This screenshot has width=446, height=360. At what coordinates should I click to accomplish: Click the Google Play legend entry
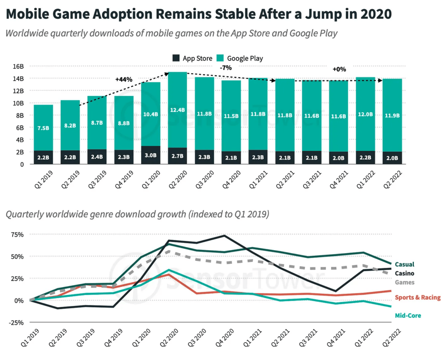click(x=245, y=58)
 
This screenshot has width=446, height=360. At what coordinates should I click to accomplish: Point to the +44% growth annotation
click(x=124, y=79)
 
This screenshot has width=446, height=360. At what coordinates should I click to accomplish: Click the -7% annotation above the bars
click(x=226, y=68)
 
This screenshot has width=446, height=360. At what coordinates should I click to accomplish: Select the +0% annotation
click(x=339, y=69)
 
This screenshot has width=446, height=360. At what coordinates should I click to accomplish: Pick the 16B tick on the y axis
click(x=18, y=66)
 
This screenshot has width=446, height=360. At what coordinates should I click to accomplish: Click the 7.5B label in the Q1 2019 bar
click(x=43, y=128)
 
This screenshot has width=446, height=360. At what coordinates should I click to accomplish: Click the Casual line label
click(x=404, y=264)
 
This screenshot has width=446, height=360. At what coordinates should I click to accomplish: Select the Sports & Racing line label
click(x=418, y=297)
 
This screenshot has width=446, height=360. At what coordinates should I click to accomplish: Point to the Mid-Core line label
click(x=408, y=315)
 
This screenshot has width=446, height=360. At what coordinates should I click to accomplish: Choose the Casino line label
click(x=404, y=273)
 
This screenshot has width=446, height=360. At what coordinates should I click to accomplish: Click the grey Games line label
click(x=404, y=282)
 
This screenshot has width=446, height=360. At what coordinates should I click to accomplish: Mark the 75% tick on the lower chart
click(x=18, y=234)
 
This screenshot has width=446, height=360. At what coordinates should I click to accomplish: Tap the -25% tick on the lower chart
click(x=17, y=322)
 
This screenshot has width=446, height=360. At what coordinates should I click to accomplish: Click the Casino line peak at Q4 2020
click(x=224, y=236)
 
